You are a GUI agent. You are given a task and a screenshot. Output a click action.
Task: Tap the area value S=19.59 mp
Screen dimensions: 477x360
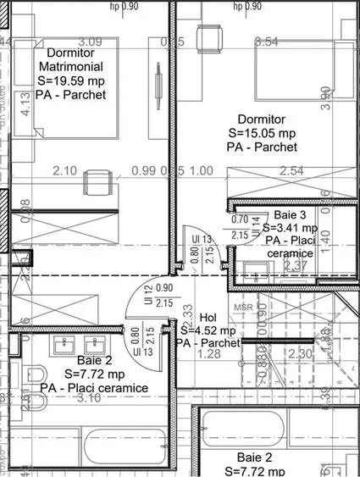tap(72, 80)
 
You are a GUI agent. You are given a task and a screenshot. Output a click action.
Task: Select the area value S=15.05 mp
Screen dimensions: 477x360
tap(262, 133)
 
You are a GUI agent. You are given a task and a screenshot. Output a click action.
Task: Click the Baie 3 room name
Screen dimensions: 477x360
tap(291, 215)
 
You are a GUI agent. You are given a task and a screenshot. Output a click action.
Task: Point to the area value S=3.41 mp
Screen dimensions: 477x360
tap(290, 228)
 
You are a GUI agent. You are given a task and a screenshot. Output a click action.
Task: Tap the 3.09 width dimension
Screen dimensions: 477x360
tap(90, 41)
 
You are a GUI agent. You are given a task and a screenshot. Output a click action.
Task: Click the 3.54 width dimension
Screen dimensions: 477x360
tap(266, 41)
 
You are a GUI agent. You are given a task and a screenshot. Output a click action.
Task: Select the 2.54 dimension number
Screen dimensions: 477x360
tap(291, 171)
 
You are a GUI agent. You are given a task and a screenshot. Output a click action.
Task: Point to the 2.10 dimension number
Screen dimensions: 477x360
tap(65, 171)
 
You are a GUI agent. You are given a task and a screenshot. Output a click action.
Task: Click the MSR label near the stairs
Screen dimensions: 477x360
tap(244, 307)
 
